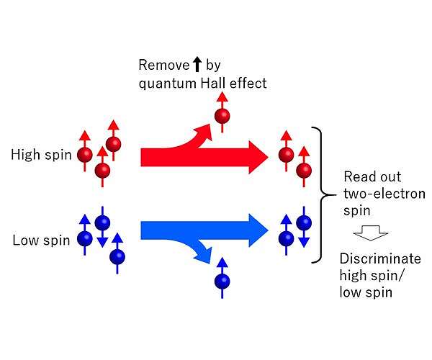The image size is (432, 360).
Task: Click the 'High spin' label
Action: [40, 154]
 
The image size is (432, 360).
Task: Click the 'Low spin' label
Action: [41, 240]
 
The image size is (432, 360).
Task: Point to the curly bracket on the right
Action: [318, 194]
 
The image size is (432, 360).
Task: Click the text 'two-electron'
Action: [374, 193]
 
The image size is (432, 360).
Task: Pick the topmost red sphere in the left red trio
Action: [113, 144]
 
